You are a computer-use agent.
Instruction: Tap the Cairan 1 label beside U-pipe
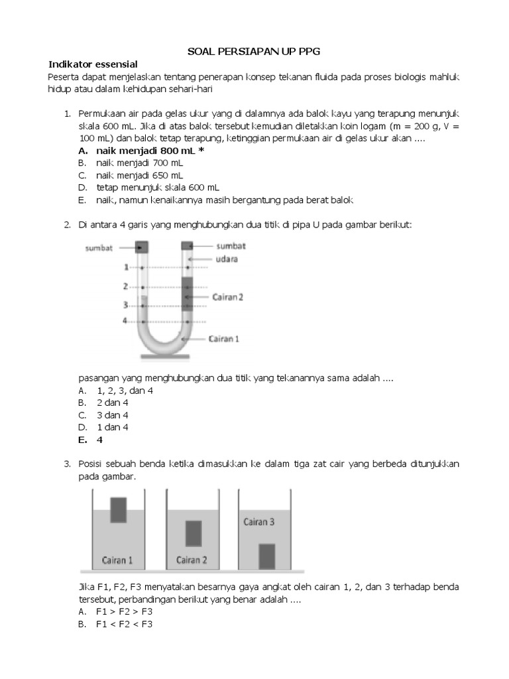tap(224, 338)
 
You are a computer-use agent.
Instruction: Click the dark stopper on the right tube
tap(188, 246)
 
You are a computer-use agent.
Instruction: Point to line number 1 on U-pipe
tap(125, 267)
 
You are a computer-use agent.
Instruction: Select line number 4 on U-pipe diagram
tap(125, 321)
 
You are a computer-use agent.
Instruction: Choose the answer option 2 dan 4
tap(111, 402)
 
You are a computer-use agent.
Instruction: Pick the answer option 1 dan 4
tap(111, 427)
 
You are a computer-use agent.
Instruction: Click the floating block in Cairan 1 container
tap(119, 509)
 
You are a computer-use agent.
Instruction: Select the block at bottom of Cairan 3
tap(266, 556)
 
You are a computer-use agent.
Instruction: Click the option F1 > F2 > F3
tap(123, 611)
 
